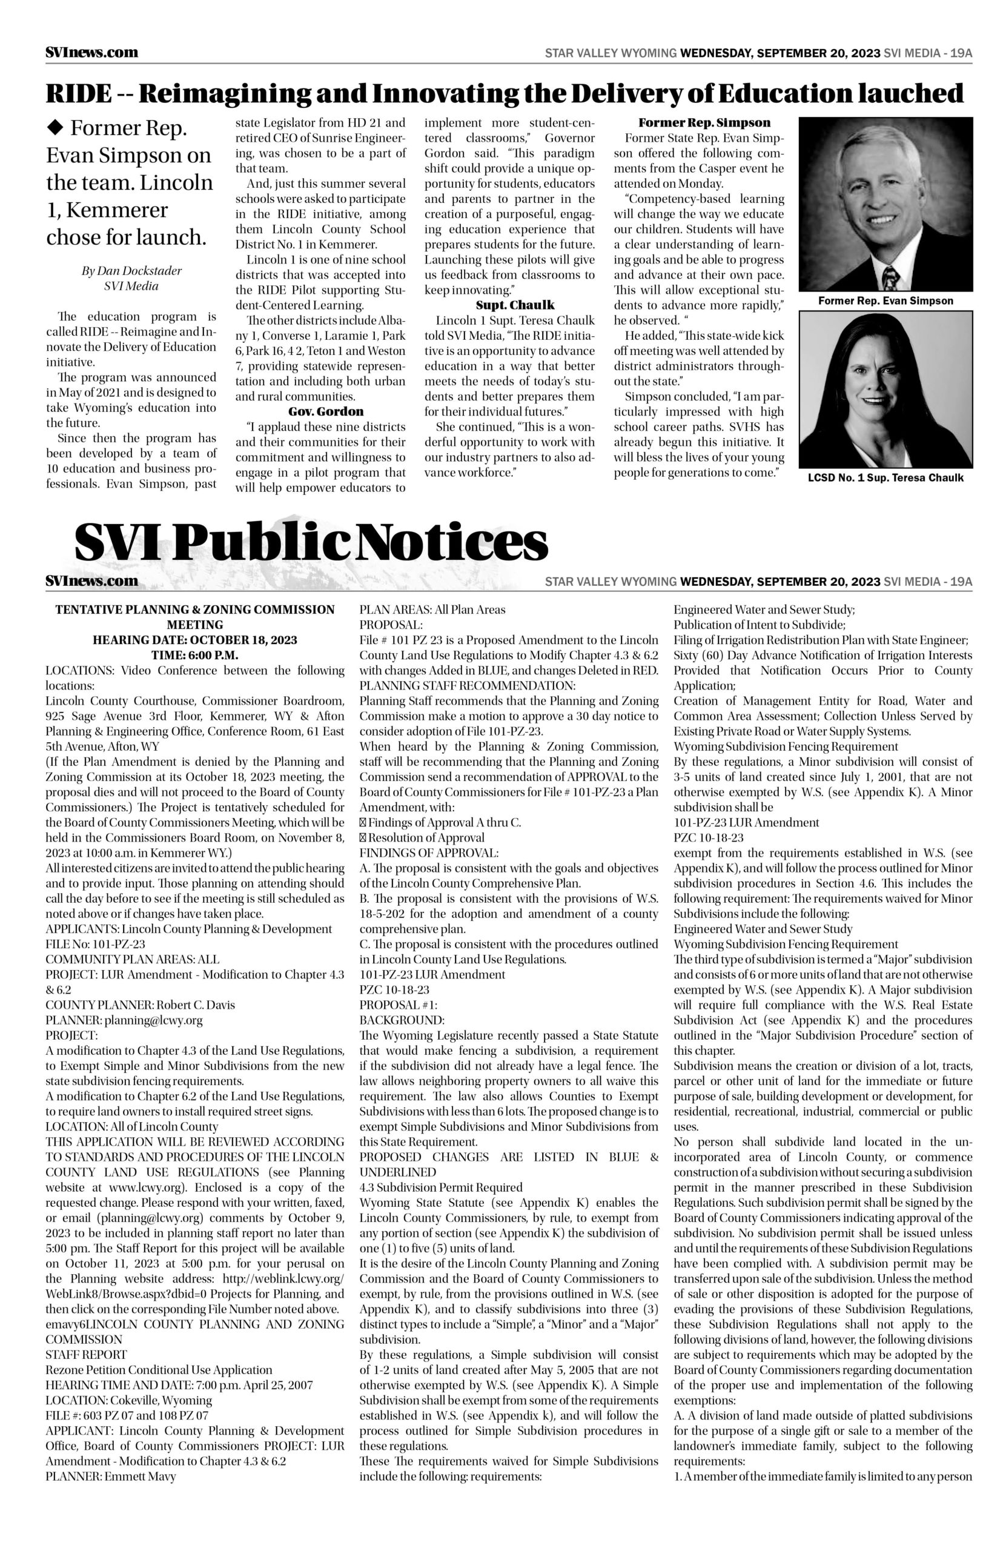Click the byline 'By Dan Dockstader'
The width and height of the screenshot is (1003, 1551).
(x=131, y=270)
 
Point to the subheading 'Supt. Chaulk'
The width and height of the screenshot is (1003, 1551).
(x=515, y=305)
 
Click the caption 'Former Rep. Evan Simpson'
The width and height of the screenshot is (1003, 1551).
(x=885, y=301)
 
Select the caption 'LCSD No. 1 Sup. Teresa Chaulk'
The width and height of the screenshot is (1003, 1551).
(x=885, y=477)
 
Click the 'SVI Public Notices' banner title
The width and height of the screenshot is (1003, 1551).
(x=311, y=542)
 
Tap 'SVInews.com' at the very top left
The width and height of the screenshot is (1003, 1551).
(x=92, y=53)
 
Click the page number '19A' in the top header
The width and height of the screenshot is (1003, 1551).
(x=961, y=53)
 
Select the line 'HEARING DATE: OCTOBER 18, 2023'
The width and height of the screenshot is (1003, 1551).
(x=195, y=640)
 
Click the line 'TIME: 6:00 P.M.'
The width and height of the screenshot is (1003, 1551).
(x=195, y=655)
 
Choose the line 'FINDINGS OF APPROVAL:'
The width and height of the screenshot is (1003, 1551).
(x=429, y=853)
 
